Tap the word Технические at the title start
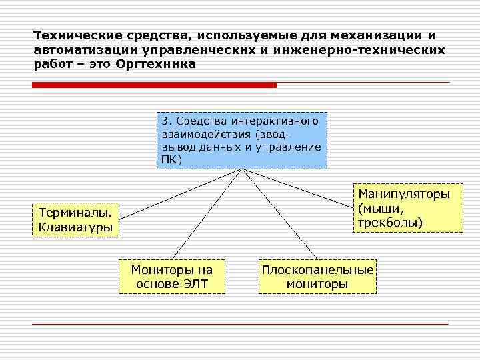pyautogui.click(x=73, y=34)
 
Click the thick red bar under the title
pyautogui.click(x=154, y=85)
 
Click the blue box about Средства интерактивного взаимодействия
pyautogui.click(x=242, y=141)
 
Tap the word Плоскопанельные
pyautogui.click(x=317, y=270)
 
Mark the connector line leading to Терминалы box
pyautogui.click(x=180, y=193)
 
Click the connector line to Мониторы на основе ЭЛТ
pyautogui.click(x=207, y=213)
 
